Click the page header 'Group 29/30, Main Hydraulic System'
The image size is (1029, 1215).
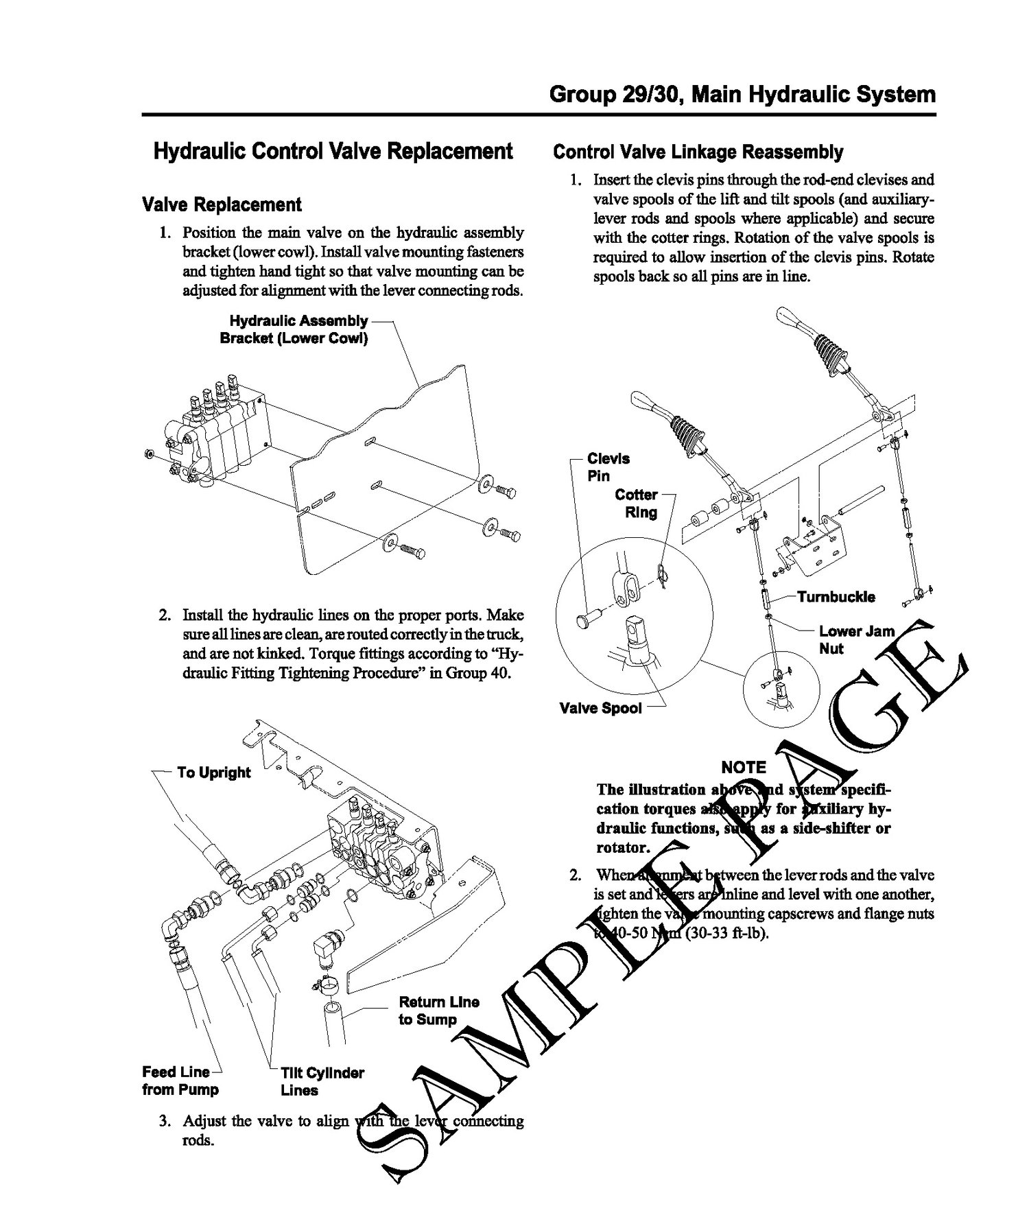742,94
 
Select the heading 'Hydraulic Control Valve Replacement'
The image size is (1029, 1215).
333,151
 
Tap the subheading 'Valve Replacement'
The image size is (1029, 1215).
221,204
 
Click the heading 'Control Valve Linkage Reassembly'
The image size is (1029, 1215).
698,152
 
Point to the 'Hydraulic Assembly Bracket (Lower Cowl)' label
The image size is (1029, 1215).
294,330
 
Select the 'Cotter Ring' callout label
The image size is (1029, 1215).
636,503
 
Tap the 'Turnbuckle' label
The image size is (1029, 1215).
836,597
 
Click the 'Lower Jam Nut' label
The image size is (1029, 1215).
856,639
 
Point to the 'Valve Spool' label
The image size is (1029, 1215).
601,709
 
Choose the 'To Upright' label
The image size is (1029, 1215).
213,772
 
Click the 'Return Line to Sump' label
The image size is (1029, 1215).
438,1011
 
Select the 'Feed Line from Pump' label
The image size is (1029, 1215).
180,1081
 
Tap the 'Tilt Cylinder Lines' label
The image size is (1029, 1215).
322,1081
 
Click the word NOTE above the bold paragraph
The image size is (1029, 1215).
743,768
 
